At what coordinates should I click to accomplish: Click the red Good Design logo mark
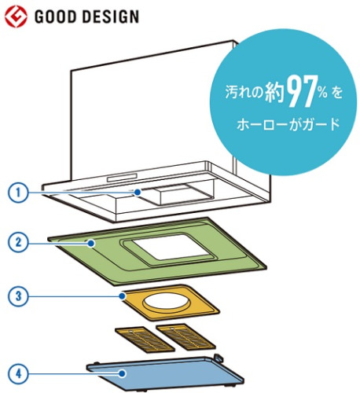(x=16, y=17)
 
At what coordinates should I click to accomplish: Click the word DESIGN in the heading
(x=111, y=17)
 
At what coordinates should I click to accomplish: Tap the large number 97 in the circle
(x=301, y=92)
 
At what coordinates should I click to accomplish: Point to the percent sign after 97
(x=323, y=93)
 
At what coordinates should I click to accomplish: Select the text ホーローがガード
(x=288, y=124)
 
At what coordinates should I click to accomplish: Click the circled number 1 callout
(x=18, y=193)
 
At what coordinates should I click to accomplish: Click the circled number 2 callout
(x=18, y=243)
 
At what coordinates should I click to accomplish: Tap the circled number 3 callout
(x=18, y=296)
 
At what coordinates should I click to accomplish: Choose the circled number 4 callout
(x=18, y=373)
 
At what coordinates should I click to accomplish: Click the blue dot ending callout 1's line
(x=138, y=192)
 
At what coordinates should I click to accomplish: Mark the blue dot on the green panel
(x=91, y=244)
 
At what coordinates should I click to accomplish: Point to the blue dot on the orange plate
(x=122, y=296)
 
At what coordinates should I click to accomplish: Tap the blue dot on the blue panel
(x=122, y=373)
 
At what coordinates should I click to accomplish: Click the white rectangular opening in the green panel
(x=171, y=247)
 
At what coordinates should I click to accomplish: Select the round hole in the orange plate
(x=167, y=300)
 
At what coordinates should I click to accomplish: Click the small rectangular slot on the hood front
(x=122, y=178)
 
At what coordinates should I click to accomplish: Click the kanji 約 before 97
(x=274, y=93)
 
